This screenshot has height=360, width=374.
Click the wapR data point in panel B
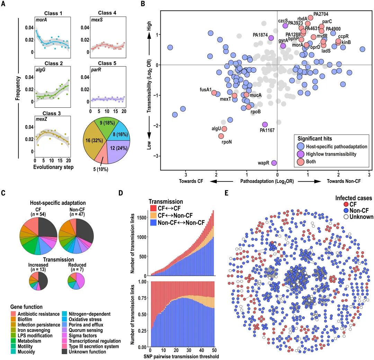pyautogui.click(x=274, y=163)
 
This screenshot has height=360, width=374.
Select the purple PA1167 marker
pyautogui.click(x=265, y=124)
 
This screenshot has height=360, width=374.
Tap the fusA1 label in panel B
pyautogui.click(x=206, y=89)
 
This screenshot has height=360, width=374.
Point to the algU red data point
pyautogui.click(x=224, y=129)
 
